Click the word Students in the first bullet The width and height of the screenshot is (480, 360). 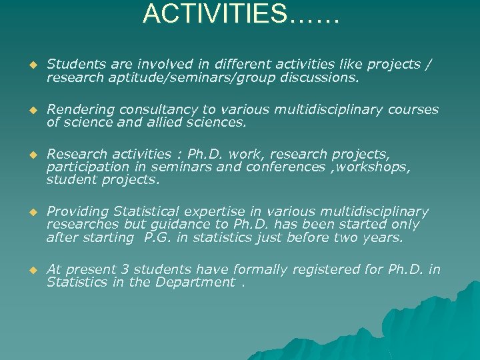(x=73, y=65)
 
